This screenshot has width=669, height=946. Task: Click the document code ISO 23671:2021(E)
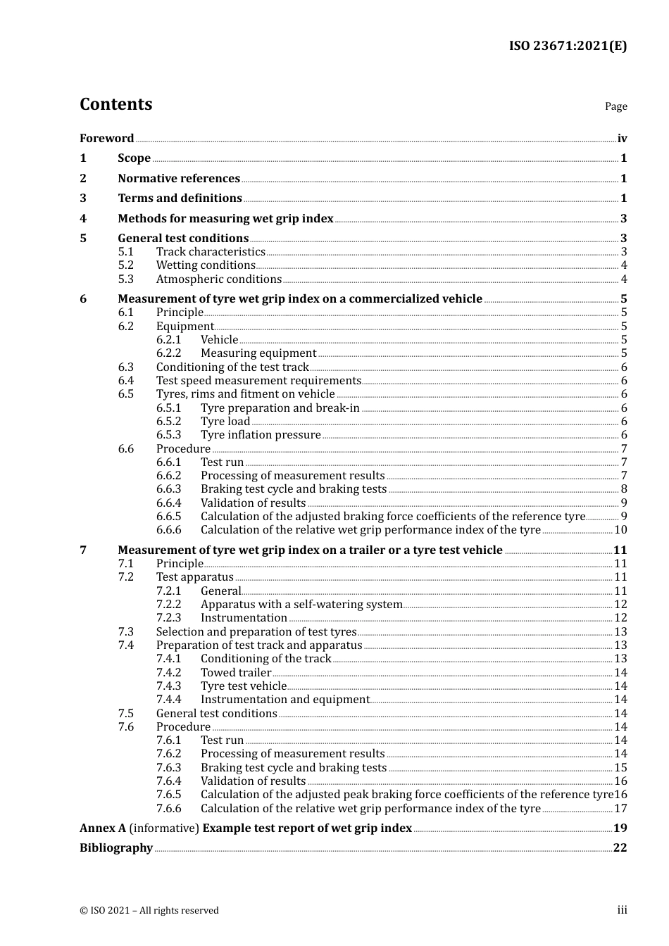568,46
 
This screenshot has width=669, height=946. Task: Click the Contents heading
115,104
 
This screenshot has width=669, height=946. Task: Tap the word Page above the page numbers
615,106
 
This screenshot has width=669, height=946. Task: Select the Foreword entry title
106,139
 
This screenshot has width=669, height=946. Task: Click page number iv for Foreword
622,139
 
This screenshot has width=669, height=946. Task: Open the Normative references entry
179,179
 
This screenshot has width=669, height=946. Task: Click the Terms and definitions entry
180,198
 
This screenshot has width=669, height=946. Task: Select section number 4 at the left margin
83,219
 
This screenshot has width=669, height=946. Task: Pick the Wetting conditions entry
206,265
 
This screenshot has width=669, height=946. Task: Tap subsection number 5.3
125,279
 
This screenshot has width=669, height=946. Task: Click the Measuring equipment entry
258,353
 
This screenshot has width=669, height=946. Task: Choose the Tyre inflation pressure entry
261,435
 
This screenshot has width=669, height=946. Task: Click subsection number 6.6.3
168,489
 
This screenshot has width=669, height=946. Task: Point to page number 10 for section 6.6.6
620,530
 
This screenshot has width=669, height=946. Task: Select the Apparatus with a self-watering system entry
301,605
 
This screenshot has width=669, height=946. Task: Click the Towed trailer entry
236,673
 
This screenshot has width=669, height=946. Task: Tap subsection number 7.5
125,714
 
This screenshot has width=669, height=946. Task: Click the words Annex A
103,828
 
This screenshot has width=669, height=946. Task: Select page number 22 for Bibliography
620,848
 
